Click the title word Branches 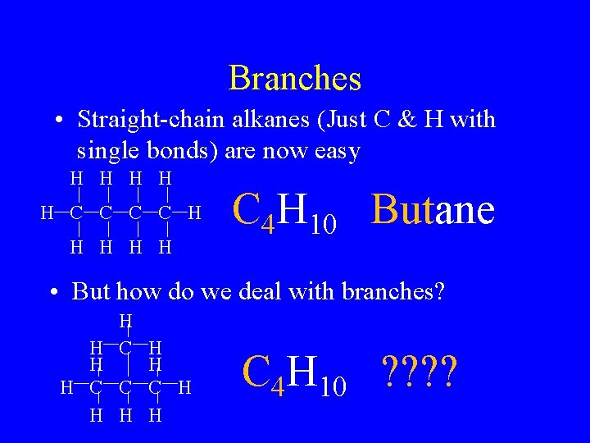(295, 79)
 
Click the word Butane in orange (433, 210)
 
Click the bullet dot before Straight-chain (61, 121)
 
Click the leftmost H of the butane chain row (47, 214)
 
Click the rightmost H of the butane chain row (193, 214)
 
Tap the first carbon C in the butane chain (76, 214)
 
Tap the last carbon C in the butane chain (164, 214)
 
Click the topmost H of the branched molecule (125, 321)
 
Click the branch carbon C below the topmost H (125, 348)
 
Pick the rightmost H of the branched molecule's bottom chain (184, 386)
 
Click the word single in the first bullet (107, 151)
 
